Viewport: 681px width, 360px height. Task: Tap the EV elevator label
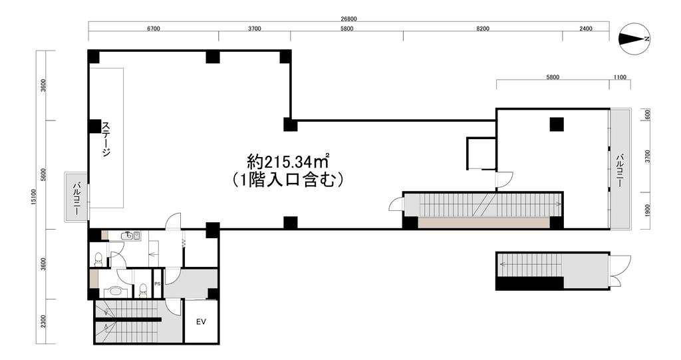[x=201, y=322]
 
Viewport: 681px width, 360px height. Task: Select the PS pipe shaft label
[x=157, y=284]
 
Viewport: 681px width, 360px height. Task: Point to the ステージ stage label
[x=106, y=139]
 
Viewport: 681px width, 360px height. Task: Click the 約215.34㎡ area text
[x=287, y=162]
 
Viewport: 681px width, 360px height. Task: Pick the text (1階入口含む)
[x=288, y=180]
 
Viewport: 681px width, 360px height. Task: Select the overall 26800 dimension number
[x=348, y=19]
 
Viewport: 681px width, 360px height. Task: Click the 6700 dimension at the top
[x=154, y=29]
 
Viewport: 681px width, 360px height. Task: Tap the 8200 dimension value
[x=483, y=29]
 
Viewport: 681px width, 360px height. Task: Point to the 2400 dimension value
[x=585, y=29]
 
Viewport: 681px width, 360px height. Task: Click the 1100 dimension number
[x=620, y=77]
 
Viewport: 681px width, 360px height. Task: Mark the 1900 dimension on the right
[x=648, y=210]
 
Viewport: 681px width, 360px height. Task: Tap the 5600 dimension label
[x=43, y=175]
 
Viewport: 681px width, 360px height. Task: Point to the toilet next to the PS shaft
[x=142, y=290]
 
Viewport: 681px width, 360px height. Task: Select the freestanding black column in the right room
[x=557, y=124]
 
